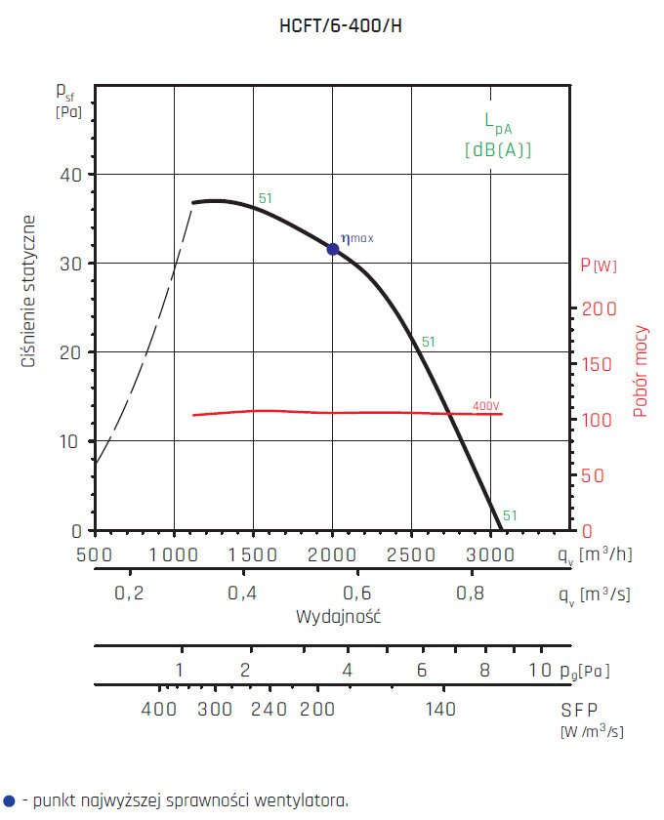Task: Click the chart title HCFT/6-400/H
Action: pyautogui.click(x=341, y=27)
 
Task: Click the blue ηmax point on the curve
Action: pyautogui.click(x=333, y=249)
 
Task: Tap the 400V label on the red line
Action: pyautogui.click(x=485, y=405)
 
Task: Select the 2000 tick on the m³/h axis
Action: pyautogui.click(x=332, y=554)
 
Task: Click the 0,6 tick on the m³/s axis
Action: pyautogui.click(x=356, y=594)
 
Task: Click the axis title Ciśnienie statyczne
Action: pyautogui.click(x=29, y=292)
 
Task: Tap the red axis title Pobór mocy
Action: pyautogui.click(x=641, y=371)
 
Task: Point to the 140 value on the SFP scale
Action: pyautogui.click(x=440, y=710)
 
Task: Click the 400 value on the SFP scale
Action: pyautogui.click(x=159, y=710)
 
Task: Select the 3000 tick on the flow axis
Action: pyautogui.click(x=491, y=554)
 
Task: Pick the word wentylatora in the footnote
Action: pyautogui.click(x=301, y=800)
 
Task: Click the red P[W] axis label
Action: pyautogui.click(x=598, y=265)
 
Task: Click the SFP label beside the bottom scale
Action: pyautogui.click(x=580, y=710)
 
